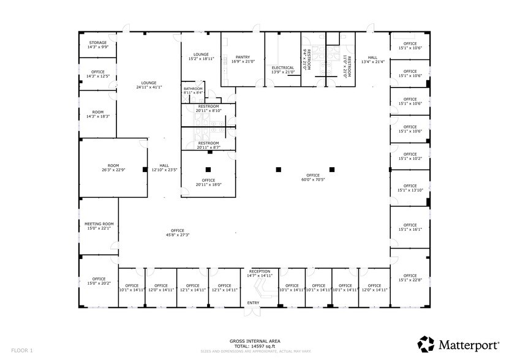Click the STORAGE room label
(98, 43)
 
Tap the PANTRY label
(243, 57)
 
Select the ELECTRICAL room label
(283, 67)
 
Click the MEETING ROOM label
(99, 224)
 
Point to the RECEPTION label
(259, 271)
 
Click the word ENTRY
(253, 303)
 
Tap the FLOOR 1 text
(21, 350)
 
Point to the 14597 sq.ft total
(255, 346)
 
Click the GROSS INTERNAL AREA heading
(254, 341)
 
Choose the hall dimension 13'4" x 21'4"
(372, 61)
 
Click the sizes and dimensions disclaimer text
(254, 351)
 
